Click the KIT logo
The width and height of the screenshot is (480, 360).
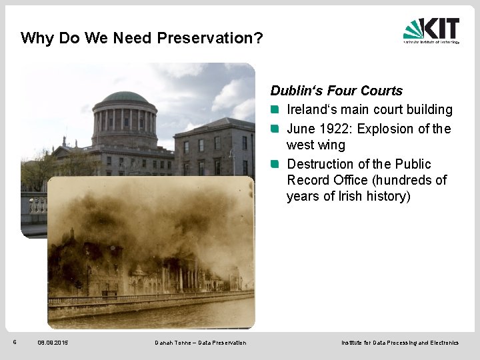point(431,30)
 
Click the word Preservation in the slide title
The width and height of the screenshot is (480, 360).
point(209,38)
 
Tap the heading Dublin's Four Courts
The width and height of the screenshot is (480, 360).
point(337,91)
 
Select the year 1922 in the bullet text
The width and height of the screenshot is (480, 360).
point(337,129)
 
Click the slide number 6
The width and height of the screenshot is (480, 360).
point(15,342)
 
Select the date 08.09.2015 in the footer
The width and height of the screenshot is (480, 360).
point(53,343)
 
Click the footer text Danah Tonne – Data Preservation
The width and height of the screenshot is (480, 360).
point(200,343)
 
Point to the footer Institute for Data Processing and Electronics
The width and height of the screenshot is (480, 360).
point(400,343)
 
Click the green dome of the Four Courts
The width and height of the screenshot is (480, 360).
point(125,97)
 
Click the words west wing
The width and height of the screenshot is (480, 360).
point(316,145)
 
